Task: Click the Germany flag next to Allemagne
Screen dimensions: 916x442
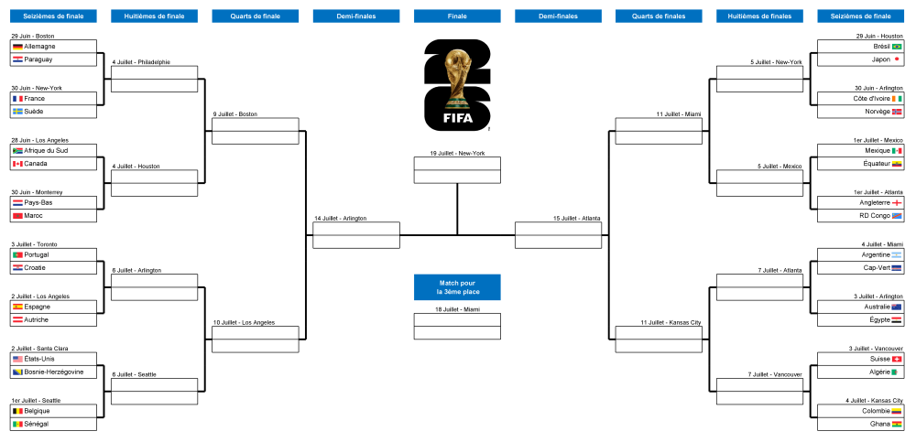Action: (17, 46)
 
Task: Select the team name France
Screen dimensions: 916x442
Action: (35, 99)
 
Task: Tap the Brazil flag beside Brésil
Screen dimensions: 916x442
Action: (897, 46)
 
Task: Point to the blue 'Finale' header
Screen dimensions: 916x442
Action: (457, 16)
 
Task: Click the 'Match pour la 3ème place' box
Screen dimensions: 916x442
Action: (457, 287)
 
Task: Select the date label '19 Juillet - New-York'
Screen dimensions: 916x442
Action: (457, 154)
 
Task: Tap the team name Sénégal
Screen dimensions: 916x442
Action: (37, 424)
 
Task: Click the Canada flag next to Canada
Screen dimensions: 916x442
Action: (17, 164)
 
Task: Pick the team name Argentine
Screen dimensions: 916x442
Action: (876, 255)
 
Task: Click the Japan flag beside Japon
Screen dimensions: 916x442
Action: (897, 59)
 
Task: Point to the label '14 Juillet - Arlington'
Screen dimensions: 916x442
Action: (341, 219)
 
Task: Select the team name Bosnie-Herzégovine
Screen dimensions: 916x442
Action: (54, 372)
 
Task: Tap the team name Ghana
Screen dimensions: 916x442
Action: (879, 424)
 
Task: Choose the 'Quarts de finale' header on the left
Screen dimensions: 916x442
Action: (256, 16)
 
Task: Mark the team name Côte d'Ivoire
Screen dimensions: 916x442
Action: (872, 99)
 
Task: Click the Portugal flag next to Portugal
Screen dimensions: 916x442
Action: (17, 255)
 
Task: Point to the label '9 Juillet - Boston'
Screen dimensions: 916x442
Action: (235, 114)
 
